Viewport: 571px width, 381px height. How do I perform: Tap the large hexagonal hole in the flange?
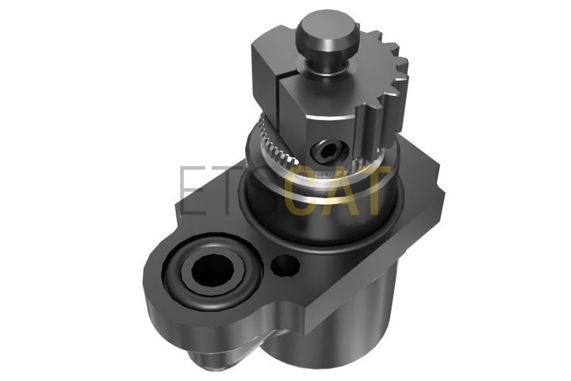coord(211,270)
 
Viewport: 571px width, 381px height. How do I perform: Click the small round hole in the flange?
coord(285,265)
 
